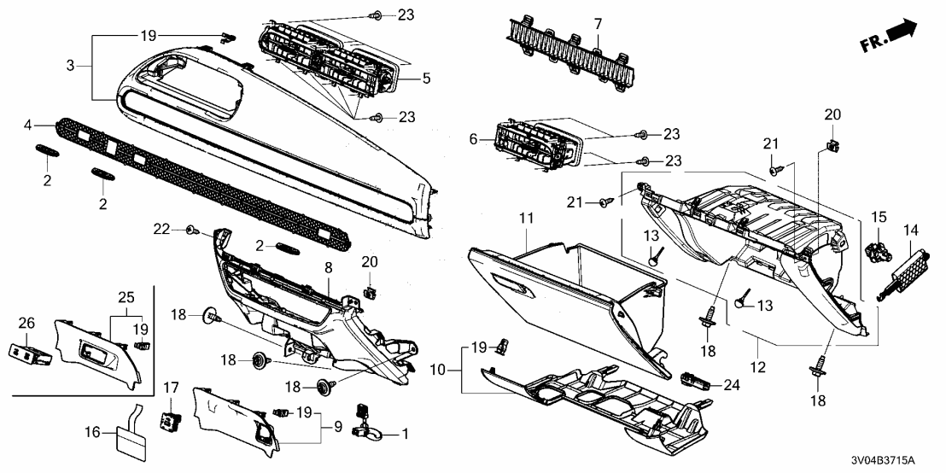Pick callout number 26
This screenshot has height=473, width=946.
pos(27,322)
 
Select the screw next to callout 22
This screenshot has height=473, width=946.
pos(194,230)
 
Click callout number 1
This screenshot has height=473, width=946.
pos(405,434)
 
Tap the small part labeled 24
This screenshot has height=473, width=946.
pos(695,377)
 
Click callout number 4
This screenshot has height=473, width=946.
pos(27,126)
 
